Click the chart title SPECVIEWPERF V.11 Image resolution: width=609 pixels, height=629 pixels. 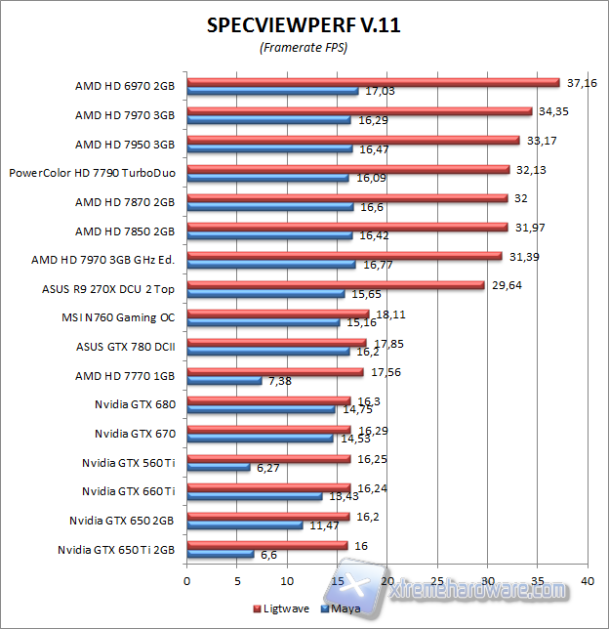304,25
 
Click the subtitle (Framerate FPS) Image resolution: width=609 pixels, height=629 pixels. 304,47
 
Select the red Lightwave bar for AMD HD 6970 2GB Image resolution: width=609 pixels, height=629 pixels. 372,82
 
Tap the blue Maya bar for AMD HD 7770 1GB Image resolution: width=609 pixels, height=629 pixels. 223,380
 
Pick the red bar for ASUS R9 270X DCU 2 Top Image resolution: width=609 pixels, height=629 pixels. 335,285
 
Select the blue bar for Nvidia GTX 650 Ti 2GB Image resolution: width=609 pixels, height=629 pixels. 220,554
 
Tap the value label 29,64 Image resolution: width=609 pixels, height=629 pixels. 507,285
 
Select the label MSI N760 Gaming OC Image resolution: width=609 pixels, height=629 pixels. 118,317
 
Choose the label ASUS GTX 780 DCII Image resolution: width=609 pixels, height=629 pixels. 125,347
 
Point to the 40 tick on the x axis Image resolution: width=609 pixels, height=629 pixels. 587,579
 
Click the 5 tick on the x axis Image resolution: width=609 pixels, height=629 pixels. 237,579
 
